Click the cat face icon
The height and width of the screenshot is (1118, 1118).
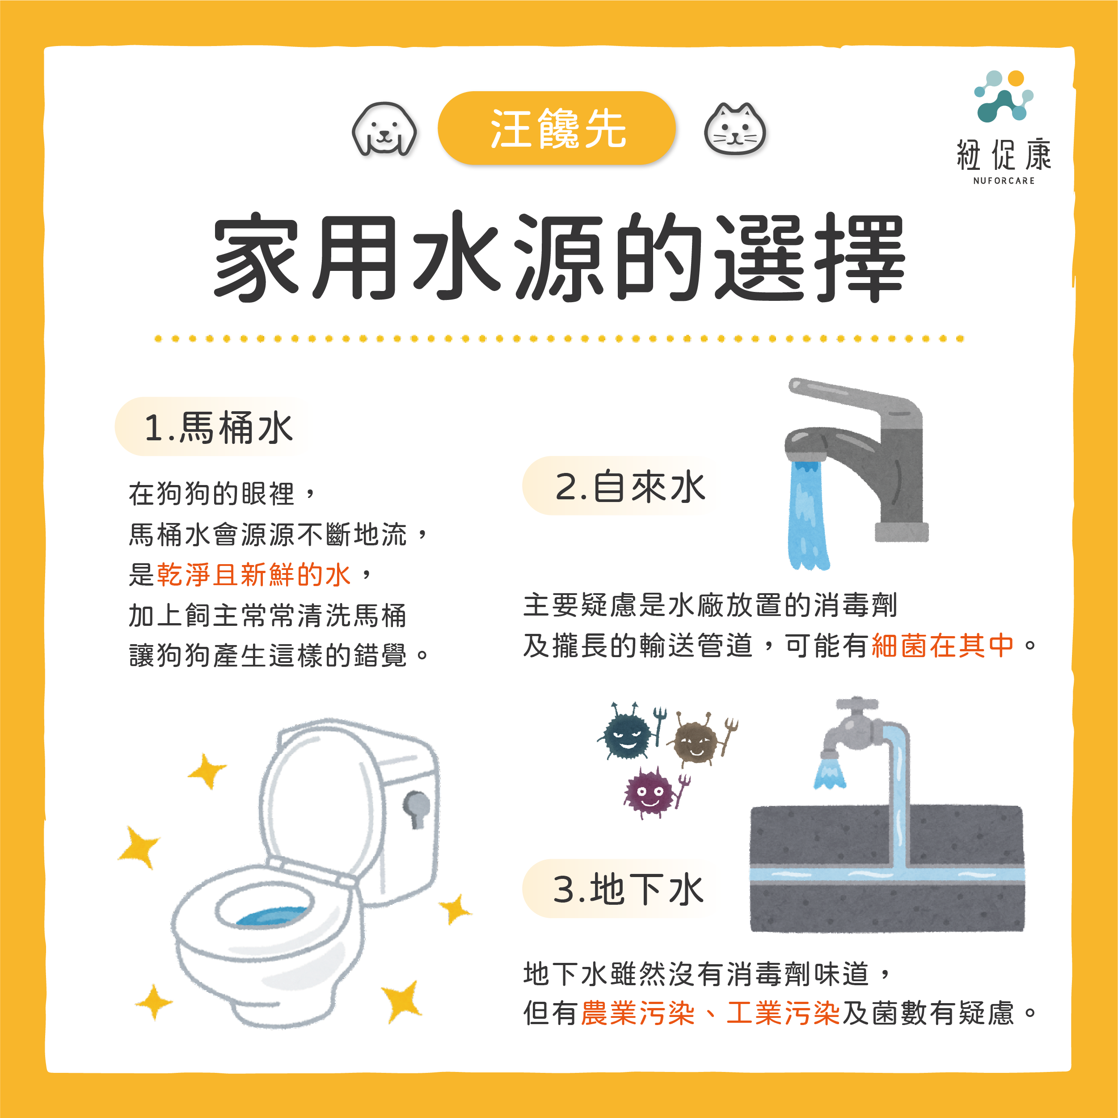click(x=734, y=129)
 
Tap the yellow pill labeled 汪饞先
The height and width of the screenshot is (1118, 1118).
click(x=557, y=128)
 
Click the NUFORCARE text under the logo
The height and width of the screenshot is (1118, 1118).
click(x=1004, y=181)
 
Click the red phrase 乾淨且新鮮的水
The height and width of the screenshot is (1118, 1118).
click(x=253, y=574)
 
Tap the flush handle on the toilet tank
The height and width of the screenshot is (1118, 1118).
click(x=417, y=807)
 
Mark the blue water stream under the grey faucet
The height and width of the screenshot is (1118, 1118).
click(x=807, y=515)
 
